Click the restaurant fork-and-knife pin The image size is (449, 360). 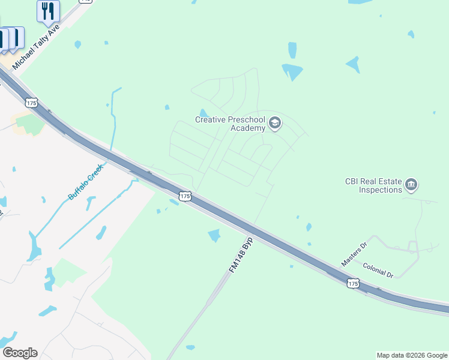[48, 11]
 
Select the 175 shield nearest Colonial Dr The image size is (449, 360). [353, 283]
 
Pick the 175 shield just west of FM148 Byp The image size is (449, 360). [185, 196]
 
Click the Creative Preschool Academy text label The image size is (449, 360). [230, 124]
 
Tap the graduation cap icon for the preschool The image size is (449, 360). [275, 124]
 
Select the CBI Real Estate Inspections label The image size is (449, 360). [373, 185]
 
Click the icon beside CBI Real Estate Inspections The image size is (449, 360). [411, 184]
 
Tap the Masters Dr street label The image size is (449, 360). [354, 254]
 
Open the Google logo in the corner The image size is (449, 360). [20, 353]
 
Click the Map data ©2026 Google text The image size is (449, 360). [412, 355]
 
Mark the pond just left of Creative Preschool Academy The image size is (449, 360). [203, 113]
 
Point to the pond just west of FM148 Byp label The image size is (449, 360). [214, 235]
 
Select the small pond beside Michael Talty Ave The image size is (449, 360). [77, 44]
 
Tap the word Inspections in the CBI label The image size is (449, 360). [380, 190]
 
